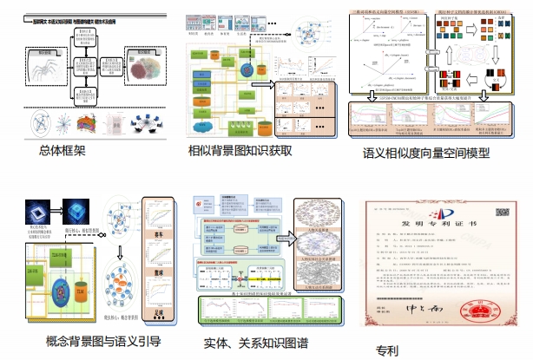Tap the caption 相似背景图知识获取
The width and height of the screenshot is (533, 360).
(240, 149)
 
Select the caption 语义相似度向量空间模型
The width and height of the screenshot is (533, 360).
(425, 154)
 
